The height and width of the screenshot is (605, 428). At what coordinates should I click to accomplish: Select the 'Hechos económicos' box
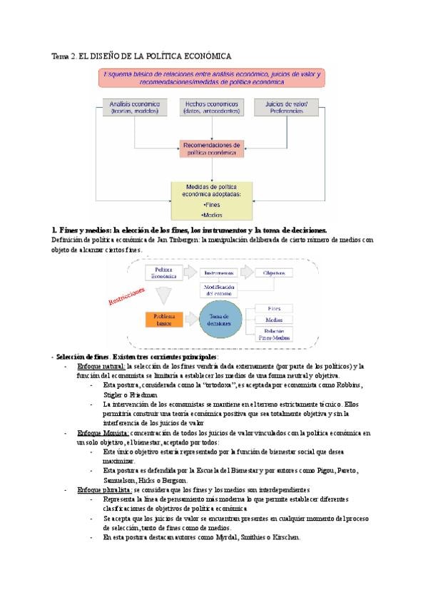212,107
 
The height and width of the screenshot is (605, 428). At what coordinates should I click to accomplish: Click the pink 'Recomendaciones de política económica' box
212,148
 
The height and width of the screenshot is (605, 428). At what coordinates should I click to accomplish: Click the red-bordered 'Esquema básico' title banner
212,78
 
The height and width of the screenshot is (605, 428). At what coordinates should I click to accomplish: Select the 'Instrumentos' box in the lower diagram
216,273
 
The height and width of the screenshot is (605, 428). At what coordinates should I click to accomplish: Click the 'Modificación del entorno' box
220,290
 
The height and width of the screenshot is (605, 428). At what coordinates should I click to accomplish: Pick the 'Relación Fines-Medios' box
274,334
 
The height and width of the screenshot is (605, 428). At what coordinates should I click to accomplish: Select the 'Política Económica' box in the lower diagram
160,274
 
